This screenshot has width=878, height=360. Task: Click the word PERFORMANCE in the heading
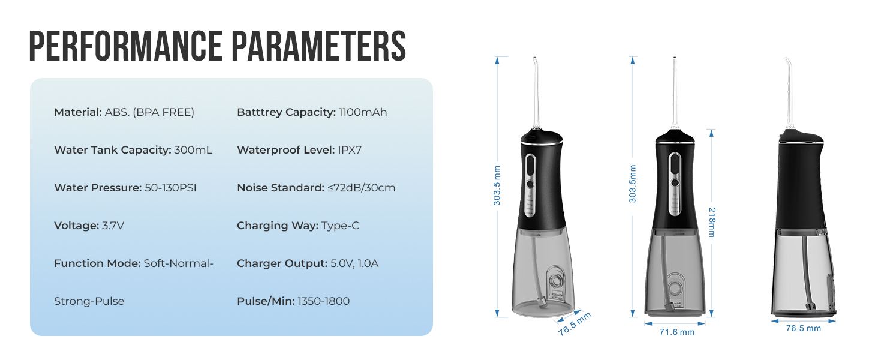point(126,46)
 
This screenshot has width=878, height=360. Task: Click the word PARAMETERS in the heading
point(319,46)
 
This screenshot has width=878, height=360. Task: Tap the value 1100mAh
point(363,112)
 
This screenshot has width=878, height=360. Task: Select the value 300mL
point(193,150)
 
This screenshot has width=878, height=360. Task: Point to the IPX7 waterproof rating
point(350,150)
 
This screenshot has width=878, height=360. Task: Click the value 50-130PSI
point(170,188)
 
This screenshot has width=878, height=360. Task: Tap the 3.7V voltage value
point(113,226)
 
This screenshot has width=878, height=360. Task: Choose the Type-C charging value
point(340,226)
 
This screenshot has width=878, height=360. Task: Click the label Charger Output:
point(282,263)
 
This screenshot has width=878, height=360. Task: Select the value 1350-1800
point(324,301)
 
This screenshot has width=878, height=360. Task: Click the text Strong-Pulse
point(89,301)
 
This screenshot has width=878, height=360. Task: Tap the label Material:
point(78,112)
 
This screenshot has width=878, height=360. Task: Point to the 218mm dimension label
point(712,223)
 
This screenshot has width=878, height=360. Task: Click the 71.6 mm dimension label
point(677,332)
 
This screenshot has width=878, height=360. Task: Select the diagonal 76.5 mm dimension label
point(574,324)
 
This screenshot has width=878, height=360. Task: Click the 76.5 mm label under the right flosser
point(804,328)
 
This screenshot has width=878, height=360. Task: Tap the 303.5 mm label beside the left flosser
point(497,185)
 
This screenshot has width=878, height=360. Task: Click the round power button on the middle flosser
point(675,182)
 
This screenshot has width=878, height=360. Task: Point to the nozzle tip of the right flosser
point(786,58)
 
